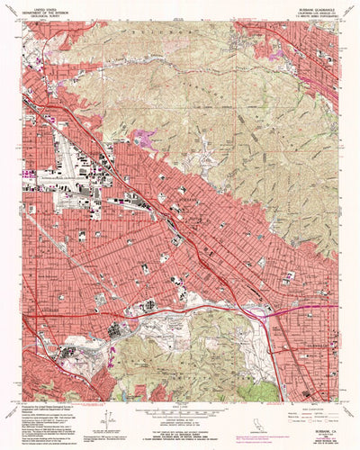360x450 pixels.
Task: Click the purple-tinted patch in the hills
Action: coord(144,137)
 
